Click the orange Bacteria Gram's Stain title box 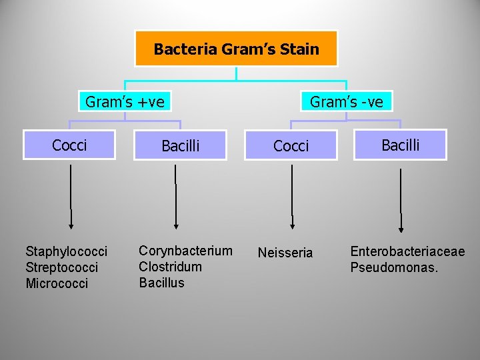pos(236,49)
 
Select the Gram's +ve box pos(125,101)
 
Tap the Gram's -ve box pos(347,101)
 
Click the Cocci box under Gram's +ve pos(69,145)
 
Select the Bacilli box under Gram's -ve pos(400,145)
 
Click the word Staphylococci pos(66,251)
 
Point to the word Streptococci pos(61,267)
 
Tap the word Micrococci pos(57,283)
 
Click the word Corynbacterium pos(185,251)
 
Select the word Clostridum pos(170,267)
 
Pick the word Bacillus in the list pos(161,283)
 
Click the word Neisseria pos(285,253)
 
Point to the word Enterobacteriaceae pos(407,251)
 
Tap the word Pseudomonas pos(394,267)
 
